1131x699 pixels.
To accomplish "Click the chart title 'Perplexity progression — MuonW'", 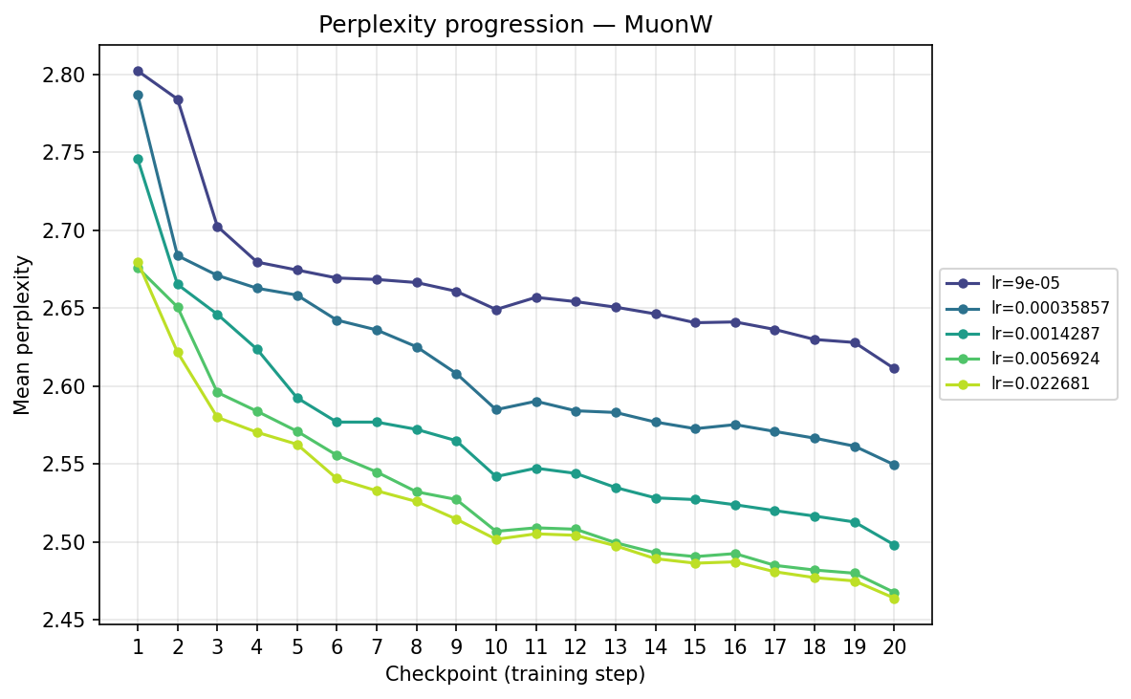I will pyautogui.click(x=515, y=25).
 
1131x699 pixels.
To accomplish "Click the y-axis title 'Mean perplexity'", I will pyautogui.click(x=22, y=335).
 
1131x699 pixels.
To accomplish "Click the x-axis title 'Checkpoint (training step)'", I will pyautogui.click(x=515, y=674).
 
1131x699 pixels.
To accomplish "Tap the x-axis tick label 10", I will pyautogui.click(x=496, y=646).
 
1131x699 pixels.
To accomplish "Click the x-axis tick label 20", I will pyautogui.click(x=894, y=646).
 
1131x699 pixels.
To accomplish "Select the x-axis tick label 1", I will pyautogui.click(x=138, y=646).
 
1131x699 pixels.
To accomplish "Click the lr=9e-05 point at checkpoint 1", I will pyautogui.click(x=138, y=72).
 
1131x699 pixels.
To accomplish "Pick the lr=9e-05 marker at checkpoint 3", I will pyautogui.click(x=217, y=227).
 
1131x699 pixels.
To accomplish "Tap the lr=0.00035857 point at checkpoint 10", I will pyautogui.click(x=496, y=409).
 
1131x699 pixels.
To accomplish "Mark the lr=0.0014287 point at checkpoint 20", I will pyautogui.click(x=894, y=545).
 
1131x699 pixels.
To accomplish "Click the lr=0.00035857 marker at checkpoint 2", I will pyautogui.click(x=178, y=255).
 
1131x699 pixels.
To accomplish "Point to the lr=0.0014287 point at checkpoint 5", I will pyautogui.click(x=297, y=398).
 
